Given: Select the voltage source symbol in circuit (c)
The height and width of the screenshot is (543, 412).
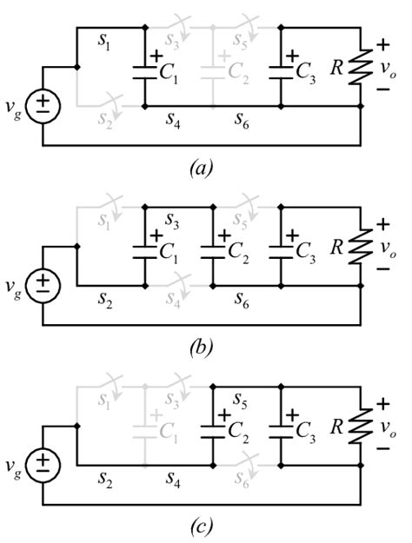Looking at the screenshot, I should point(42,466).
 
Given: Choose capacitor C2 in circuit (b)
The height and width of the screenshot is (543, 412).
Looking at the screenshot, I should point(213,247).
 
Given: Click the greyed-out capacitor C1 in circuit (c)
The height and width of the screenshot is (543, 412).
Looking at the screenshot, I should point(144,427).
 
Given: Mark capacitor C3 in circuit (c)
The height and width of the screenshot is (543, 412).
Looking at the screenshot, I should point(281,427).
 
